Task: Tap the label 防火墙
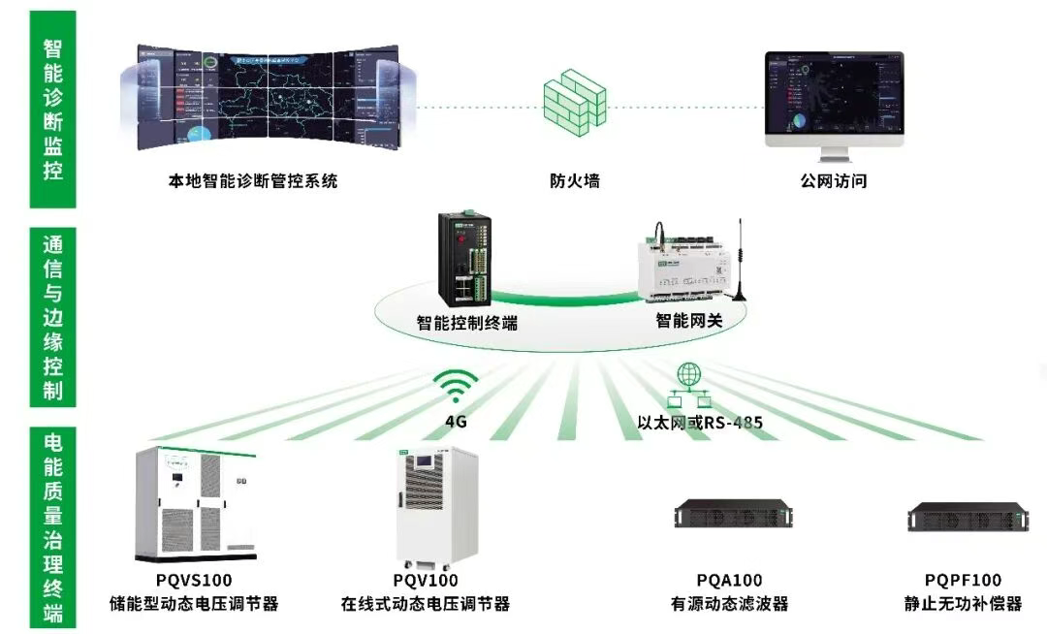point(574,180)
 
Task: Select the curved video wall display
point(266,98)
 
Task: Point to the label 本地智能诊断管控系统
point(253,180)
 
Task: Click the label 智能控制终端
point(466,323)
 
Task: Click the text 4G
point(456,422)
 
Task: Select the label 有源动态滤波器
point(729,604)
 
